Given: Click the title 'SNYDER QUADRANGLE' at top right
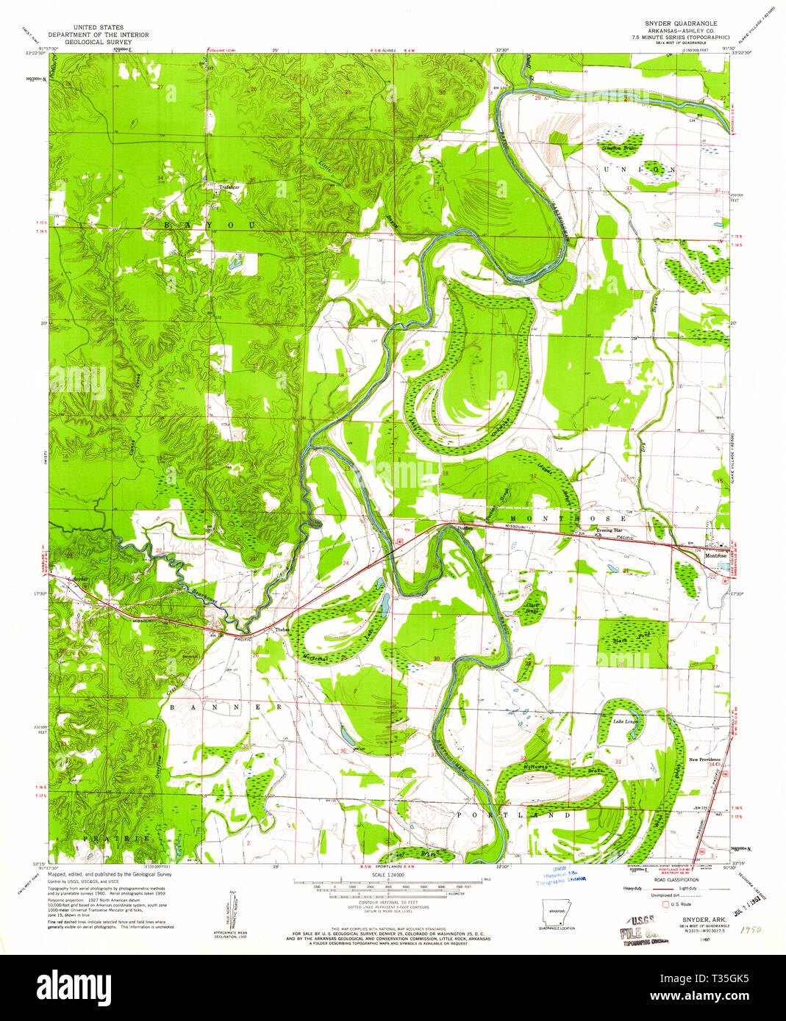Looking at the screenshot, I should point(676,24).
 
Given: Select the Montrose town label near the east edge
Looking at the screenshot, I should point(715,556).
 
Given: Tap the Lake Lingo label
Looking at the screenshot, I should point(626,721).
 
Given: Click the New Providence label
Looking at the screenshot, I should point(704,760).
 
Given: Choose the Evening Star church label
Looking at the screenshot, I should point(609,530).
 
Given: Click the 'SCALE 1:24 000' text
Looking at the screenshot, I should point(389,874).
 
